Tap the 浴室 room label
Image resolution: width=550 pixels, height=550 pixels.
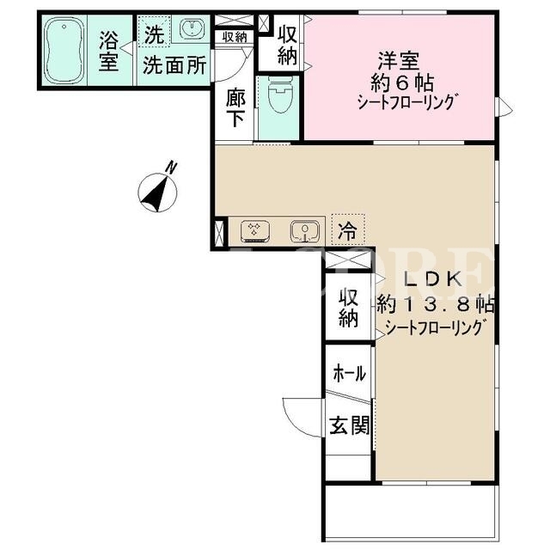click(109, 51)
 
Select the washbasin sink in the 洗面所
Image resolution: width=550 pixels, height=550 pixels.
click(192, 28)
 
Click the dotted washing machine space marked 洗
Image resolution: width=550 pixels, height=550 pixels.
click(154, 31)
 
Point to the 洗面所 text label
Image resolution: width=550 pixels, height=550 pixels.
click(174, 65)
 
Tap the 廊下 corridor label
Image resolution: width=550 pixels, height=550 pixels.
click(235, 108)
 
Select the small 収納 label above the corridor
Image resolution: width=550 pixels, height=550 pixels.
click(235, 37)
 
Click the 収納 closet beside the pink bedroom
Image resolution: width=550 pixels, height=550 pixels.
click(287, 46)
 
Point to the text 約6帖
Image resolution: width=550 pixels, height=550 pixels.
click(402, 83)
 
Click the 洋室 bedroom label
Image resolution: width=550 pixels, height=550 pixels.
click(399, 61)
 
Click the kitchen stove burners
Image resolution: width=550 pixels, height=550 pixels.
click(255, 231)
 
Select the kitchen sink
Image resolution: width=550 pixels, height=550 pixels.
click(305, 231)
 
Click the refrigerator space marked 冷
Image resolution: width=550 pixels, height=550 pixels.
click(348, 229)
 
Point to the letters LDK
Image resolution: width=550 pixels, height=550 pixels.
click(432, 278)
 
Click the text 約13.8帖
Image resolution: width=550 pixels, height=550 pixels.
click(436, 304)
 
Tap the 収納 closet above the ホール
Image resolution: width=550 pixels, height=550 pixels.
click(348, 308)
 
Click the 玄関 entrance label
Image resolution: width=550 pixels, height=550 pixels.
click(350, 425)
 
